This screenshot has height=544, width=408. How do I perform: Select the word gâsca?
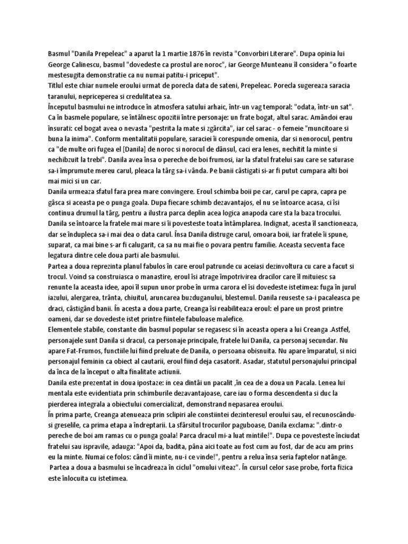46,211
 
